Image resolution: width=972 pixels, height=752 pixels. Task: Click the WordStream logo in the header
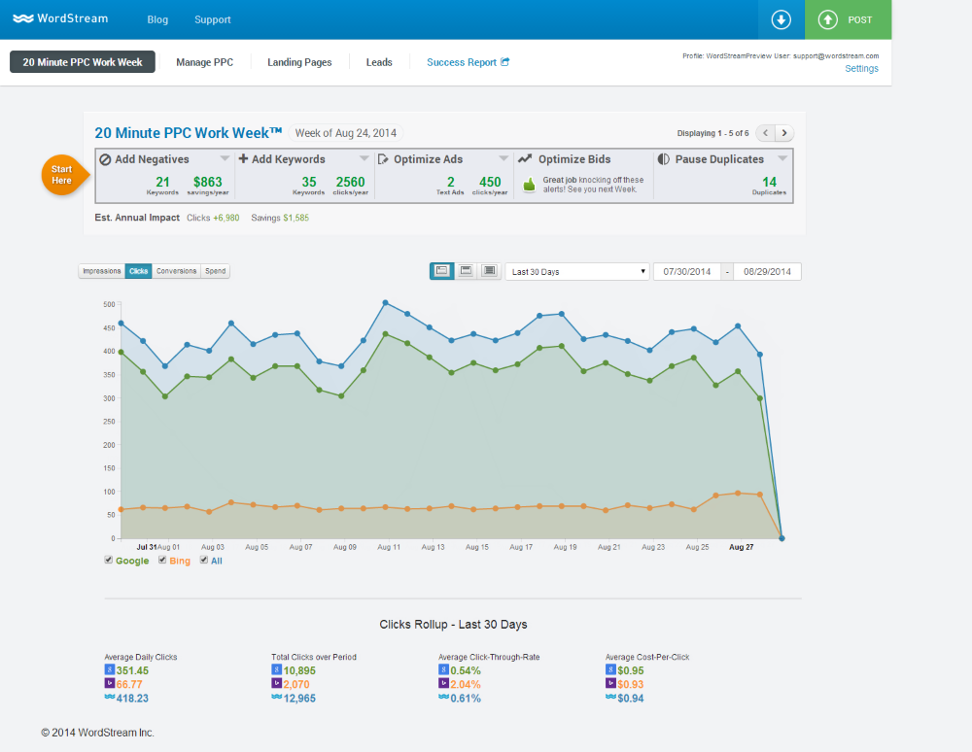[60, 18]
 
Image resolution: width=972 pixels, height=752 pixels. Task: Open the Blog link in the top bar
[157, 19]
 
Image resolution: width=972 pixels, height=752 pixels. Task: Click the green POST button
[848, 19]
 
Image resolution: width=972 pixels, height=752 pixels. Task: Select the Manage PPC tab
[204, 62]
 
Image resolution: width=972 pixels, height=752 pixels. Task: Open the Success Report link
[469, 62]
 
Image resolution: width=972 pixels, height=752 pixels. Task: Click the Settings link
[861, 69]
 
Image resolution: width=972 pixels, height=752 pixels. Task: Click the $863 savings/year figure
[208, 182]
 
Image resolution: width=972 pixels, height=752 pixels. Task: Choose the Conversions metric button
[176, 271]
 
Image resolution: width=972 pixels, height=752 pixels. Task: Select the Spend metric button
[215, 271]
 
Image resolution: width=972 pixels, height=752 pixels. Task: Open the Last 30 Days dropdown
[577, 272]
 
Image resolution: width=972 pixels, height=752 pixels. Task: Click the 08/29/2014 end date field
[767, 272]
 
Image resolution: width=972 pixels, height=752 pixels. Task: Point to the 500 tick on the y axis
[109, 304]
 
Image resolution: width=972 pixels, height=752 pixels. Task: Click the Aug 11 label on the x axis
[389, 547]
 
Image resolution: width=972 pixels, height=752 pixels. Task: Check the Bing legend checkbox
[162, 560]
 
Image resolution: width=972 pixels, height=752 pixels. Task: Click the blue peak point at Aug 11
[386, 303]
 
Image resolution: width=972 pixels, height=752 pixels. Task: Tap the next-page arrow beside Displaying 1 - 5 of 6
[784, 133]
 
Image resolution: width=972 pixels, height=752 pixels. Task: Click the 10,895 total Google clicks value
[299, 670]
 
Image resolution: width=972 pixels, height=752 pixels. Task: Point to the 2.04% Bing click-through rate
[466, 685]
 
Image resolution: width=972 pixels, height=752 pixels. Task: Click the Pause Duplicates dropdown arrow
[782, 158]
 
